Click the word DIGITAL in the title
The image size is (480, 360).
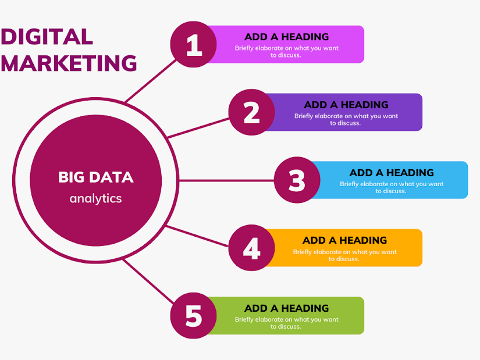(x=47, y=37)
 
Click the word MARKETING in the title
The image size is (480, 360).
(x=69, y=63)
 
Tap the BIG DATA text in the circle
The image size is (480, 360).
(x=95, y=177)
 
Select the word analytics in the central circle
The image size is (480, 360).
(x=95, y=198)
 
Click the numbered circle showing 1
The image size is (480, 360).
(x=194, y=45)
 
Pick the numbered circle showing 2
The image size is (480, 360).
(x=251, y=112)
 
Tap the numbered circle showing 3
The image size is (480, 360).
(x=297, y=180)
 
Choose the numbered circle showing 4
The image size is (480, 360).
(x=251, y=248)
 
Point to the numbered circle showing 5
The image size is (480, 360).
(x=194, y=316)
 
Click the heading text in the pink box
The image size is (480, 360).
(x=286, y=37)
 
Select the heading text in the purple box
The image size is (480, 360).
(x=346, y=105)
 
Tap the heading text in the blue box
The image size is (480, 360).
(x=392, y=173)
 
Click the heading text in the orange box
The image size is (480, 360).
(x=344, y=240)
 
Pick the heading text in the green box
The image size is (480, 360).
(x=286, y=308)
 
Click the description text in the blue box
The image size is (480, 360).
(x=392, y=187)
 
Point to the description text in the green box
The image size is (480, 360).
(x=286, y=323)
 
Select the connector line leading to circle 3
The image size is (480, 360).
(x=227, y=180)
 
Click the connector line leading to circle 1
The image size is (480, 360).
(x=150, y=79)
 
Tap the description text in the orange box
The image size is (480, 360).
(x=344, y=255)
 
